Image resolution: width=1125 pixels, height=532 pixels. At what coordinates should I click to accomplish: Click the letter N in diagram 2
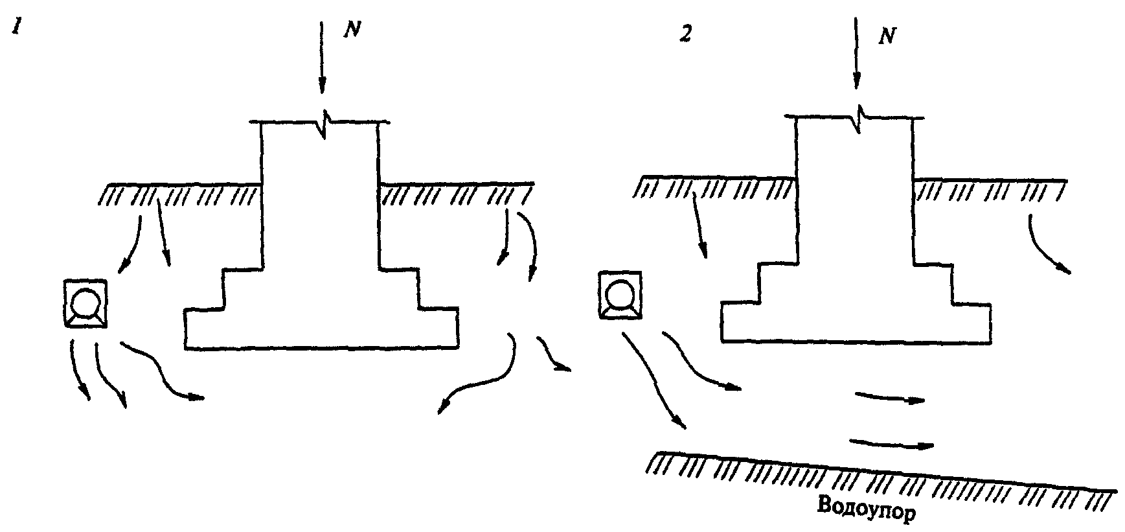click(886, 36)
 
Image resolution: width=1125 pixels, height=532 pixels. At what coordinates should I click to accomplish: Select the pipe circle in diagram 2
click(620, 294)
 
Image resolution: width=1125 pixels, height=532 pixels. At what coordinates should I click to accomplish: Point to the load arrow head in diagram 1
click(322, 87)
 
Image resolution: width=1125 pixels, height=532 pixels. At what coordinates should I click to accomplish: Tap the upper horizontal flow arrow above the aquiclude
click(889, 397)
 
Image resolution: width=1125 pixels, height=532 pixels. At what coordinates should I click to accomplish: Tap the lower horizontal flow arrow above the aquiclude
click(891, 443)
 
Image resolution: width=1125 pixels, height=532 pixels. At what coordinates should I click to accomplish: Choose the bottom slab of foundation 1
click(322, 329)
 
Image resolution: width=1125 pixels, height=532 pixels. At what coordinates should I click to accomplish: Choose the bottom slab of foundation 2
click(856, 321)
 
